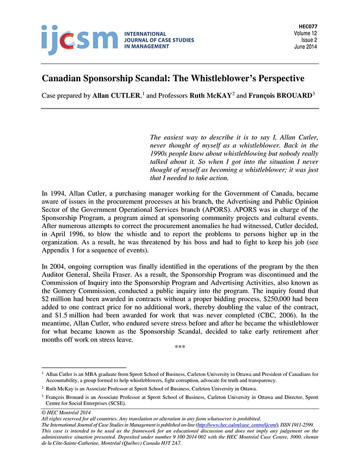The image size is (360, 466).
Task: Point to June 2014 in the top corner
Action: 305,47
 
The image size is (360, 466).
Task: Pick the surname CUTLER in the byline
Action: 123,96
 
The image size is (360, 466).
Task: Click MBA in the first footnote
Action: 84,374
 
